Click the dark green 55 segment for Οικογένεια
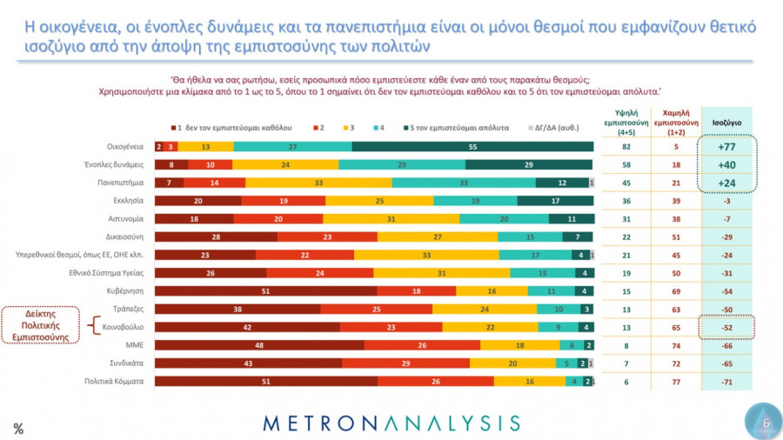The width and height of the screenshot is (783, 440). click(472, 147)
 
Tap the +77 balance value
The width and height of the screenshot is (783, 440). click(726, 147)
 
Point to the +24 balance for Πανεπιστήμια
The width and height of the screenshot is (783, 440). click(726, 183)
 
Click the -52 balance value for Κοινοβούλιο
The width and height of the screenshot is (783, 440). click(726, 327)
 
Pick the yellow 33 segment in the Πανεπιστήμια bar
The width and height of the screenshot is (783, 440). click(318, 183)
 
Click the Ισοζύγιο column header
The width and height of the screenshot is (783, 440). click(726, 123)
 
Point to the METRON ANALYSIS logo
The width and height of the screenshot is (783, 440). click(391, 423)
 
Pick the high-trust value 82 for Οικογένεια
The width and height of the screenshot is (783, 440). click(624, 147)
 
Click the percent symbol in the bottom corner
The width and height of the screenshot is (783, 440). click(17, 427)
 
